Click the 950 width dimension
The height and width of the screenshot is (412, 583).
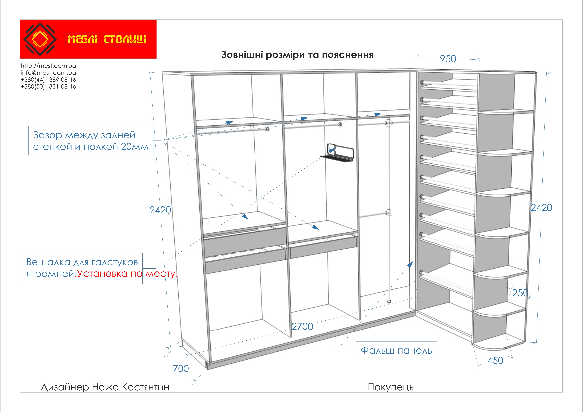448,59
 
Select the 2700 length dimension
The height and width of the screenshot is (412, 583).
302,326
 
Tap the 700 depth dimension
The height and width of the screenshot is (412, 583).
181,369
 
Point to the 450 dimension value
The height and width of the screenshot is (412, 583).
495,361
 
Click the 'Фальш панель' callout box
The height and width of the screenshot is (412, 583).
396,351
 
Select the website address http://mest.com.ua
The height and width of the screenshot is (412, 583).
48,66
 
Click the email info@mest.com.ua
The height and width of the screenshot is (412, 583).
48,73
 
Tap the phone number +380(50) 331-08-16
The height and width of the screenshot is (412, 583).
48,87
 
